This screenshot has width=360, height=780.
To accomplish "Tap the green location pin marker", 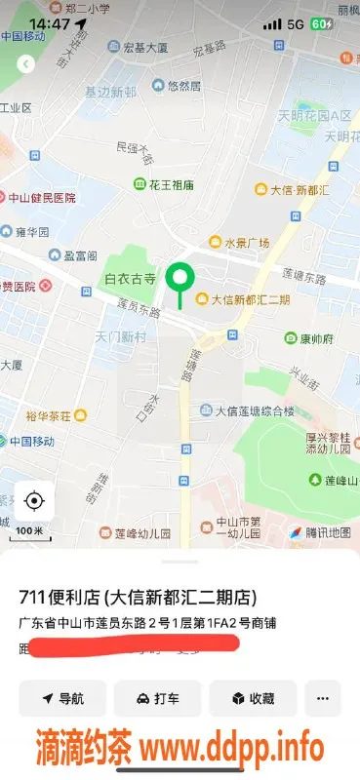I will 179,280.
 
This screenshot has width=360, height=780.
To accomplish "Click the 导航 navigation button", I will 62,698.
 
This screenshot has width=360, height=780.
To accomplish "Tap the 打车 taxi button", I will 157,698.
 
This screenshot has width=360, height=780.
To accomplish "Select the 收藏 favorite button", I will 253,698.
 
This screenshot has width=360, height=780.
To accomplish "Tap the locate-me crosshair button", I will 34,501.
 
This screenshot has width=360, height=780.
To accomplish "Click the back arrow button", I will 26,63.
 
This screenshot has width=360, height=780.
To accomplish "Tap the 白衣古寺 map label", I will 130,279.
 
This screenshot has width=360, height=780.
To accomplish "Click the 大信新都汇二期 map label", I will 244,299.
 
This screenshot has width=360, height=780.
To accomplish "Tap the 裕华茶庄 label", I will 49,416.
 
